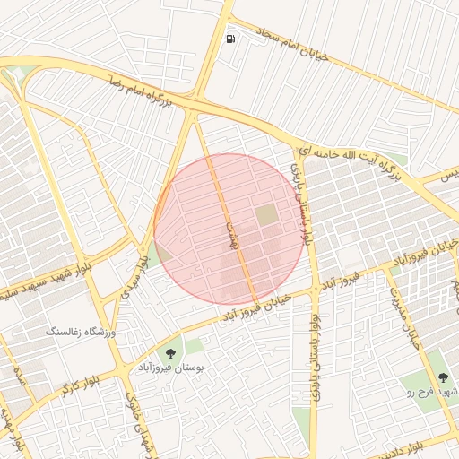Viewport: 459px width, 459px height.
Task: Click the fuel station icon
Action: pos(232,39)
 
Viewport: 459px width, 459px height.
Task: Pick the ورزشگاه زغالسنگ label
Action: pos(82,332)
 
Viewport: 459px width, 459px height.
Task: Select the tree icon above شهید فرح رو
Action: pos(443,377)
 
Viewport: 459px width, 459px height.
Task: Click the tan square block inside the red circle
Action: pos(267,215)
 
